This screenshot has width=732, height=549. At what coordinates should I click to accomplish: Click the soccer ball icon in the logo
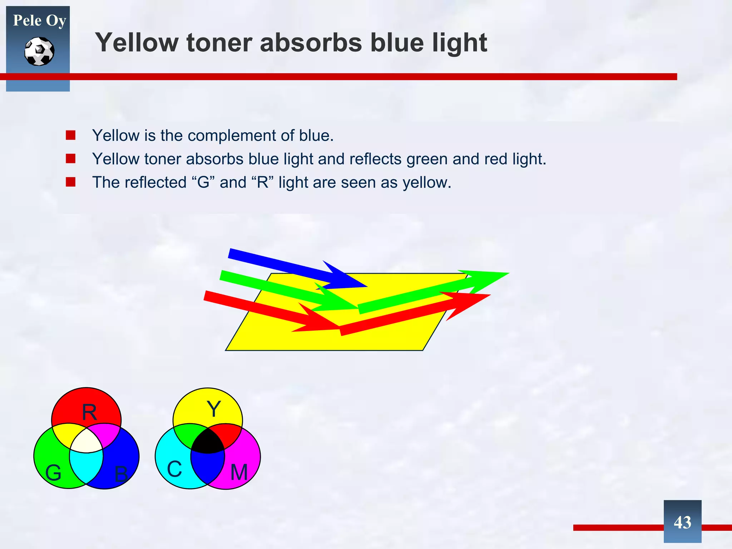(39, 51)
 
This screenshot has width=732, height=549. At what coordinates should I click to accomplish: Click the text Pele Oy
(39, 20)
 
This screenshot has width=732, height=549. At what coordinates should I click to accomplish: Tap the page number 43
(682, 523)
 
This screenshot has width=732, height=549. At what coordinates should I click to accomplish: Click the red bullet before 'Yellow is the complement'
(70, 135)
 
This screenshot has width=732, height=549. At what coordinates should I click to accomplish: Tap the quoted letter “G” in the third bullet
(203, 182)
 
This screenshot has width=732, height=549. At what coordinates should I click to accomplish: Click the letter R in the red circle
(89, 412)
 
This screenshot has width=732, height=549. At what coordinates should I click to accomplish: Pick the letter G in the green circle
(53, 473)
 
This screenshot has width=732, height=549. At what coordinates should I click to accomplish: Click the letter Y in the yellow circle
(214, 409)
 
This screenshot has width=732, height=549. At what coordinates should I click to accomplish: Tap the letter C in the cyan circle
(174, 469)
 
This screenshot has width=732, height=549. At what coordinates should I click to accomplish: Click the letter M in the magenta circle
(239, 473)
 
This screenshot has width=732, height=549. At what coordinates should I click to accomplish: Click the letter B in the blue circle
(121, 474)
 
